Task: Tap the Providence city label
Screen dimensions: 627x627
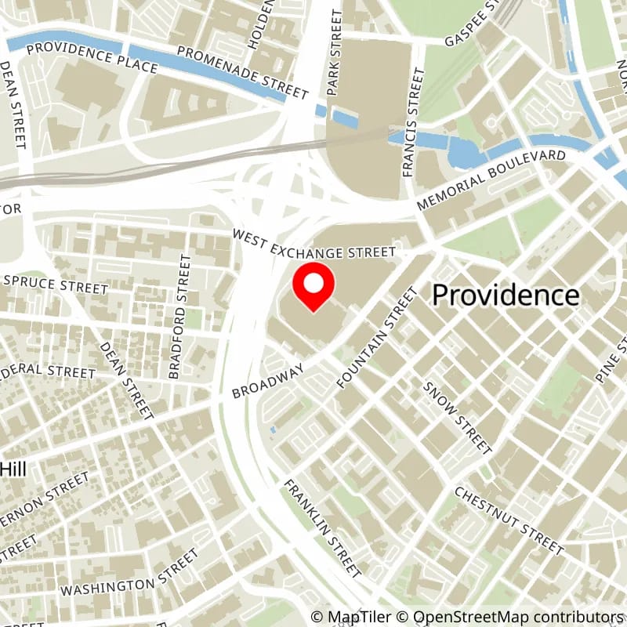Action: click(x=506, y=295)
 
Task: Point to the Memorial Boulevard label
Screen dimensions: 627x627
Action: click(x=491, y=179)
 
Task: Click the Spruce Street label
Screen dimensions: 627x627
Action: click(x=54, y=284)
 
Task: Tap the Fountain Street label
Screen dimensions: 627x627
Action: click(x=377, y=338)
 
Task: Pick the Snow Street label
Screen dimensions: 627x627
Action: click(x=457, y=417)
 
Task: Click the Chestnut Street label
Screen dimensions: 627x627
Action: click(x=509, y=518)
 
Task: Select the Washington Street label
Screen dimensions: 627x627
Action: click(x=130, y=574)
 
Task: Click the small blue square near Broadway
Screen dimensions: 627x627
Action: click(x=272, y=429)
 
